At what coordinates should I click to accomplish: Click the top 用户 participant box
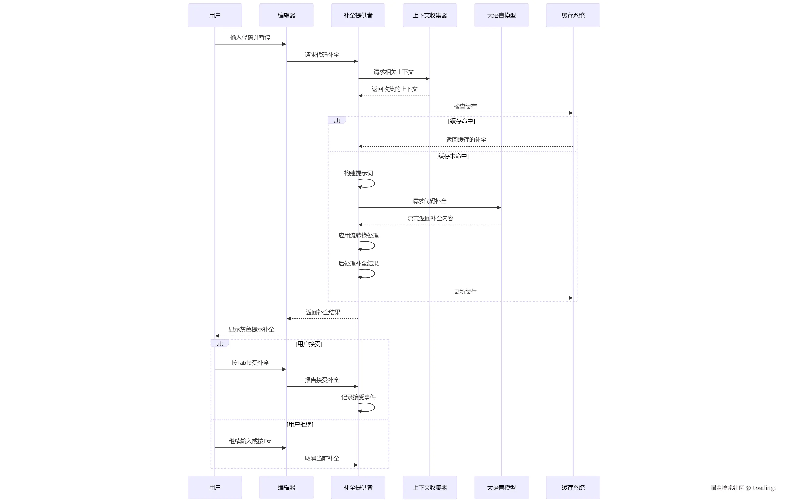[x=215, y=15]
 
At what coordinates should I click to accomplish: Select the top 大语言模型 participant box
[x=501, y=15]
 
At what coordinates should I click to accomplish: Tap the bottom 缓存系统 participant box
[x=573, y=487]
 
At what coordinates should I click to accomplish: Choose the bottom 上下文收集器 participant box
[x=429, y=487]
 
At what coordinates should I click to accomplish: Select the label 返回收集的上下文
[x=394, y=89]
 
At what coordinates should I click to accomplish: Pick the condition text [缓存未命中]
[x=452, y=156]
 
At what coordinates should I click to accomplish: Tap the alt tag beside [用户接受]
[x=220, y=343]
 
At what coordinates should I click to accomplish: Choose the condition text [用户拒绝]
[x=300, y=424]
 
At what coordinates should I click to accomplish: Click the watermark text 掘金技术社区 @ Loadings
[x=743, y=488]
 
